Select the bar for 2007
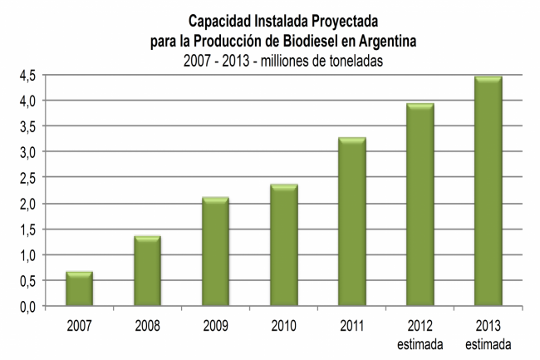pos(80,288)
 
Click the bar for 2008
pos(148,271)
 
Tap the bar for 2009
pos(216,252)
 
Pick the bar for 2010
pos(284,245)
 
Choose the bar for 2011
pos(352,222)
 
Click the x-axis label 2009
pos(216,323)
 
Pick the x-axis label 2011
pos(352,323)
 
